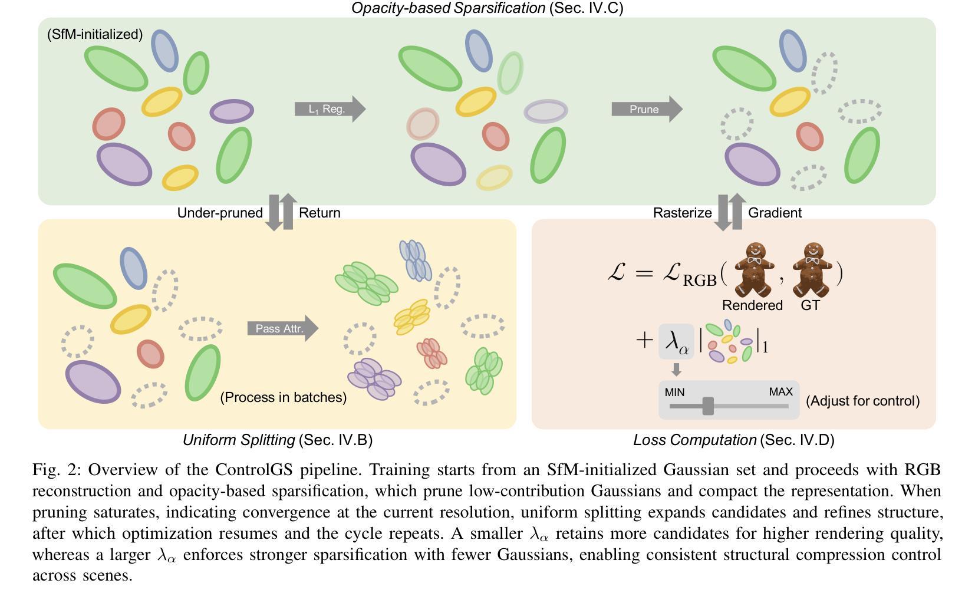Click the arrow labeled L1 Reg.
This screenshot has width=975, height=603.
[x=330, y=109]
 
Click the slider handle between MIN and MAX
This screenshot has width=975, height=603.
[x=708, y=406]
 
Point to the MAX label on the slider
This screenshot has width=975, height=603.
[x=780, y=392]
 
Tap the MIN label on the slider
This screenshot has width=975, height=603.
[x=674, y=392]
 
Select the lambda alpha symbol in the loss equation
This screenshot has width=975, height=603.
[x=676, y=341]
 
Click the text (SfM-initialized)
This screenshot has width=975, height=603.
[x=95, y=34]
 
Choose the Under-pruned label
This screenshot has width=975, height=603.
[x=220, y=213]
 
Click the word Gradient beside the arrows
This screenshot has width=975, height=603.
[x=775, y=213]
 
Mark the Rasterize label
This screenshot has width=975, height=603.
[x=682, y=213]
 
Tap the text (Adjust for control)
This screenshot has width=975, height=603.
[x=862, y=401]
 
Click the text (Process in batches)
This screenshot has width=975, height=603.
[x=283, y=397]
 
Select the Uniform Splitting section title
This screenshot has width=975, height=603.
[x=277, y=440]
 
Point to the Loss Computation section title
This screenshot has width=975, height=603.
[x=733, y=440]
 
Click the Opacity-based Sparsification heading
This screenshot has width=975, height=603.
[x=487, y=8]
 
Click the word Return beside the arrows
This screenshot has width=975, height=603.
[x=319, y=213]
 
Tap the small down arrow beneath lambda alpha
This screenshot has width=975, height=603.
[x=677, y=370]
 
